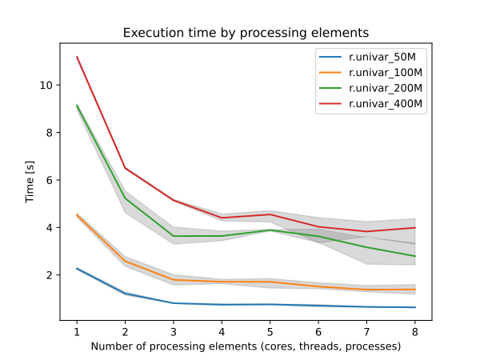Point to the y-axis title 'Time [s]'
pyautogui.click(x=30, y=181)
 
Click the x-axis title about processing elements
pyautogui.click(x=246, y=347)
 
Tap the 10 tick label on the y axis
pyautogui.click(x=47, y=85)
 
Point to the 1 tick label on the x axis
pyautogui.click(x=77, y=331)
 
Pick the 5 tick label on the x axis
pyautogui.click(x=270, y=331)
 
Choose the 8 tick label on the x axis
pyautogui.click(x=415, y=331)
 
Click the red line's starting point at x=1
pyautogui.click(x=77, y=57)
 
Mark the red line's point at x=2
pyautogui.click(x=125, y=168)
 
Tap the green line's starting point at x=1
pyautogui.click(x=77, y=106)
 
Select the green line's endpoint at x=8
pyautogui.click(x=415, y=256)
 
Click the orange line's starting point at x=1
pyautogui.click(x=77, y=214)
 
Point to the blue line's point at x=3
pyautogui.click(x=174, y=303)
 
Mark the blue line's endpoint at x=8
pyautogui.click(x=415, y=307)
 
